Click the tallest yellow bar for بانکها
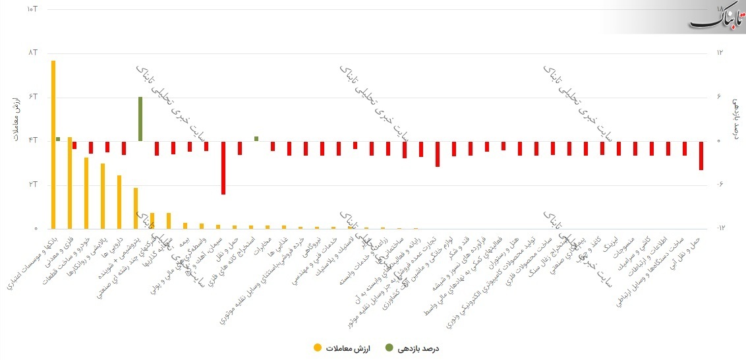tap(53, 144)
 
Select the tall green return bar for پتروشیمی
tap(140, 119)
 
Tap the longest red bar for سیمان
tap(223, 167)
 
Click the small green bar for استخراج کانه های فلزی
tap(256, 138)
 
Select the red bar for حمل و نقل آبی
tap(701, 156)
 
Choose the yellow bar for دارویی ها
tap(119, 202)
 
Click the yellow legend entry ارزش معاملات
tap(342, 348)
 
